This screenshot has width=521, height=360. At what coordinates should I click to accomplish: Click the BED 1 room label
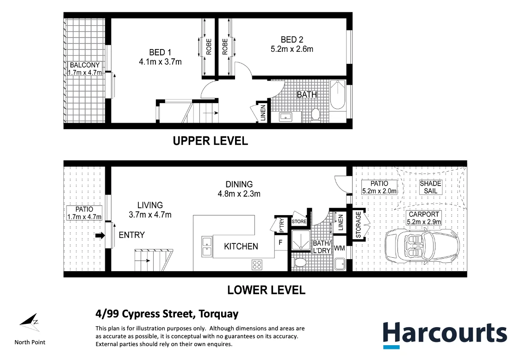160,53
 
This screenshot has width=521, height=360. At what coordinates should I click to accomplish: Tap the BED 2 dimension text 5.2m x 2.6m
292,49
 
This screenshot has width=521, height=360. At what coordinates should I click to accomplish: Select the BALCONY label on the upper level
85,65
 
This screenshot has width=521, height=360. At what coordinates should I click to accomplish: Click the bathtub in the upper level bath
338,94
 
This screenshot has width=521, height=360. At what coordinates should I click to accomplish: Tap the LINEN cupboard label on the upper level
263,113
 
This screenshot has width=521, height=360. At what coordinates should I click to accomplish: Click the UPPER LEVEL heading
211,141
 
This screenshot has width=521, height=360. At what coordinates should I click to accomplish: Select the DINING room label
239,184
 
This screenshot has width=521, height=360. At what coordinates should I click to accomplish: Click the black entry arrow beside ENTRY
100,236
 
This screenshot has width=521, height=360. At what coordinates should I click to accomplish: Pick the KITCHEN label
241,246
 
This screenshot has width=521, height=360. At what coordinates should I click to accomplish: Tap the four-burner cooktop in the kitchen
257,265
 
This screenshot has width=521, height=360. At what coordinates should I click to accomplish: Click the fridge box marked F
281,242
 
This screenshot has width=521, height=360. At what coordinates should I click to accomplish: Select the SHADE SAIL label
430,187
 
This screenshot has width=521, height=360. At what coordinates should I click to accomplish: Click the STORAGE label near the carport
358,225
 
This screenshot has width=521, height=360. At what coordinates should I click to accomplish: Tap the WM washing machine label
339,248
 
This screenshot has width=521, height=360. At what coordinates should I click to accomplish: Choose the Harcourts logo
445,335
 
